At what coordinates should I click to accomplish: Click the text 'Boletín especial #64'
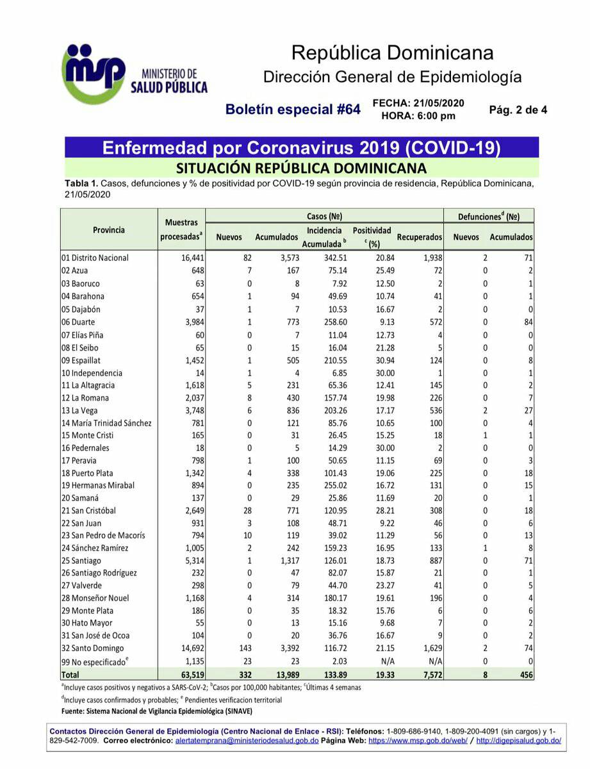coord(293,110)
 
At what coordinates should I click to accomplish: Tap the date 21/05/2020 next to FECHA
coord(439,103)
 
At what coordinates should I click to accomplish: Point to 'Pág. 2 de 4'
coord(518,110)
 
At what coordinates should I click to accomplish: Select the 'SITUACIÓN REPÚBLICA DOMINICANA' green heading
coord(301,169)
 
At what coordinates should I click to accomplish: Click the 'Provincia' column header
coord(109,229)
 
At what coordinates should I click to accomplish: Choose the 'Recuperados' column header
coord(420,237)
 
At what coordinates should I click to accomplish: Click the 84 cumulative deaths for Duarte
coord(527,322)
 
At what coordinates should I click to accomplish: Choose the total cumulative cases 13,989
coord(284,674)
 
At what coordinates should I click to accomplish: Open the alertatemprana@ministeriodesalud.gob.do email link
coord(247,740)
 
